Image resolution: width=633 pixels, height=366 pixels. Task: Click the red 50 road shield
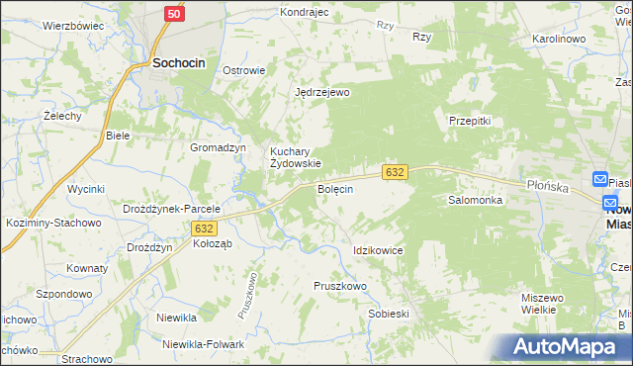pos(174,14)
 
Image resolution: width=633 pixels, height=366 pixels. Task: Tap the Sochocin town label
pos(178,62)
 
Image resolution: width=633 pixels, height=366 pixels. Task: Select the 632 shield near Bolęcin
pos(395,172)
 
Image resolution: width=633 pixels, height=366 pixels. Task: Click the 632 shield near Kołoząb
pos(204,228)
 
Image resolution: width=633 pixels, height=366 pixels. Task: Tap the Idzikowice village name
pos(378,250)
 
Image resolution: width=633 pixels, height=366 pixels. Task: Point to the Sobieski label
pos(388,313)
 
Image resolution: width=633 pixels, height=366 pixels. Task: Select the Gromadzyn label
pos(218,147)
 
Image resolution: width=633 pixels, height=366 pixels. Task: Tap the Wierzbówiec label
pos(74,26)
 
